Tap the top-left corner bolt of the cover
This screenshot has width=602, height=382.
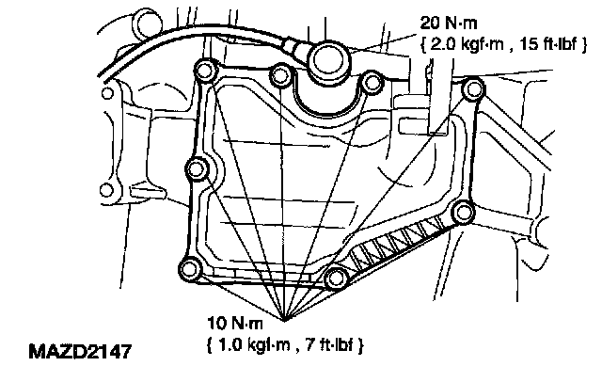[204, 71]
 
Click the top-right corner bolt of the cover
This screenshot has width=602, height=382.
[474, 91]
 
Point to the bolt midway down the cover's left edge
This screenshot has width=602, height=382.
[197, 170]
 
